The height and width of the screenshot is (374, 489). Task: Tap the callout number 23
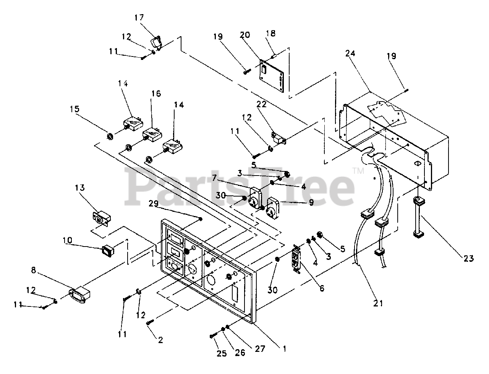coord(469,259)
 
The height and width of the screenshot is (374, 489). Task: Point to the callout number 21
coord(377,303)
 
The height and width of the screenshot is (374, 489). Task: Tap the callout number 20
coord(245,35)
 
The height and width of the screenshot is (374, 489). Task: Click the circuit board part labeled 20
coord(272,76)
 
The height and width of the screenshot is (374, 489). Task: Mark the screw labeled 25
coord(213,336)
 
